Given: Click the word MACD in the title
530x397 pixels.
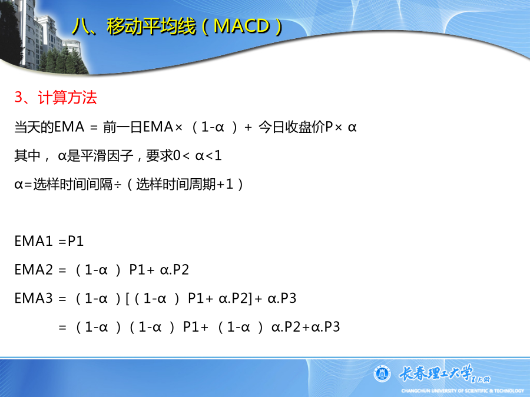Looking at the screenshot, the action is tap(241, 26).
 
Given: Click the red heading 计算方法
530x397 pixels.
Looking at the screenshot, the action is tap(68, 98).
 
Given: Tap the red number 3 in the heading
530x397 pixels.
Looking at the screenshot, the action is tap(19, 97).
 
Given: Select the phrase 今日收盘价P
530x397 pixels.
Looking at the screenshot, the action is tap(296, 127).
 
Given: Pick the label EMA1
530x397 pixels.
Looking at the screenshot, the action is tap(34, 241).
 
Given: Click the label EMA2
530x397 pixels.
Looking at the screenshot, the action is tap(34, 270).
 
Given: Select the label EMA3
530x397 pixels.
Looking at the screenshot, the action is tap(34, 298).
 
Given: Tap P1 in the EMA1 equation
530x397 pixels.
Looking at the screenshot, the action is tap(76, 241).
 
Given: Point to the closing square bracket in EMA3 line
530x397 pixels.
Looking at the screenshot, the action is tap(250, 298).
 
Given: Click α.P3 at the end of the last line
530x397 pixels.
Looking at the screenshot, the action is tap(326, 327).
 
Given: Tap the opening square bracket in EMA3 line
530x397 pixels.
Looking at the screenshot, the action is tap(128, 298).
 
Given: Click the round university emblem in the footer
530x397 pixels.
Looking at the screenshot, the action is tap(382, 373).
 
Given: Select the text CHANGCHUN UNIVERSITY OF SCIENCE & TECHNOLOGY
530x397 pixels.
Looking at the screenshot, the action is tap(462, 391).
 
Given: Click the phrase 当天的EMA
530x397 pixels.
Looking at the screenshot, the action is tap(49, 127).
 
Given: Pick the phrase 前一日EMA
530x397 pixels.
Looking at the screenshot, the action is tap(138, 127).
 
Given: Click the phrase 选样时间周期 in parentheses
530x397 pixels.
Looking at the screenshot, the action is tap(175, 185).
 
